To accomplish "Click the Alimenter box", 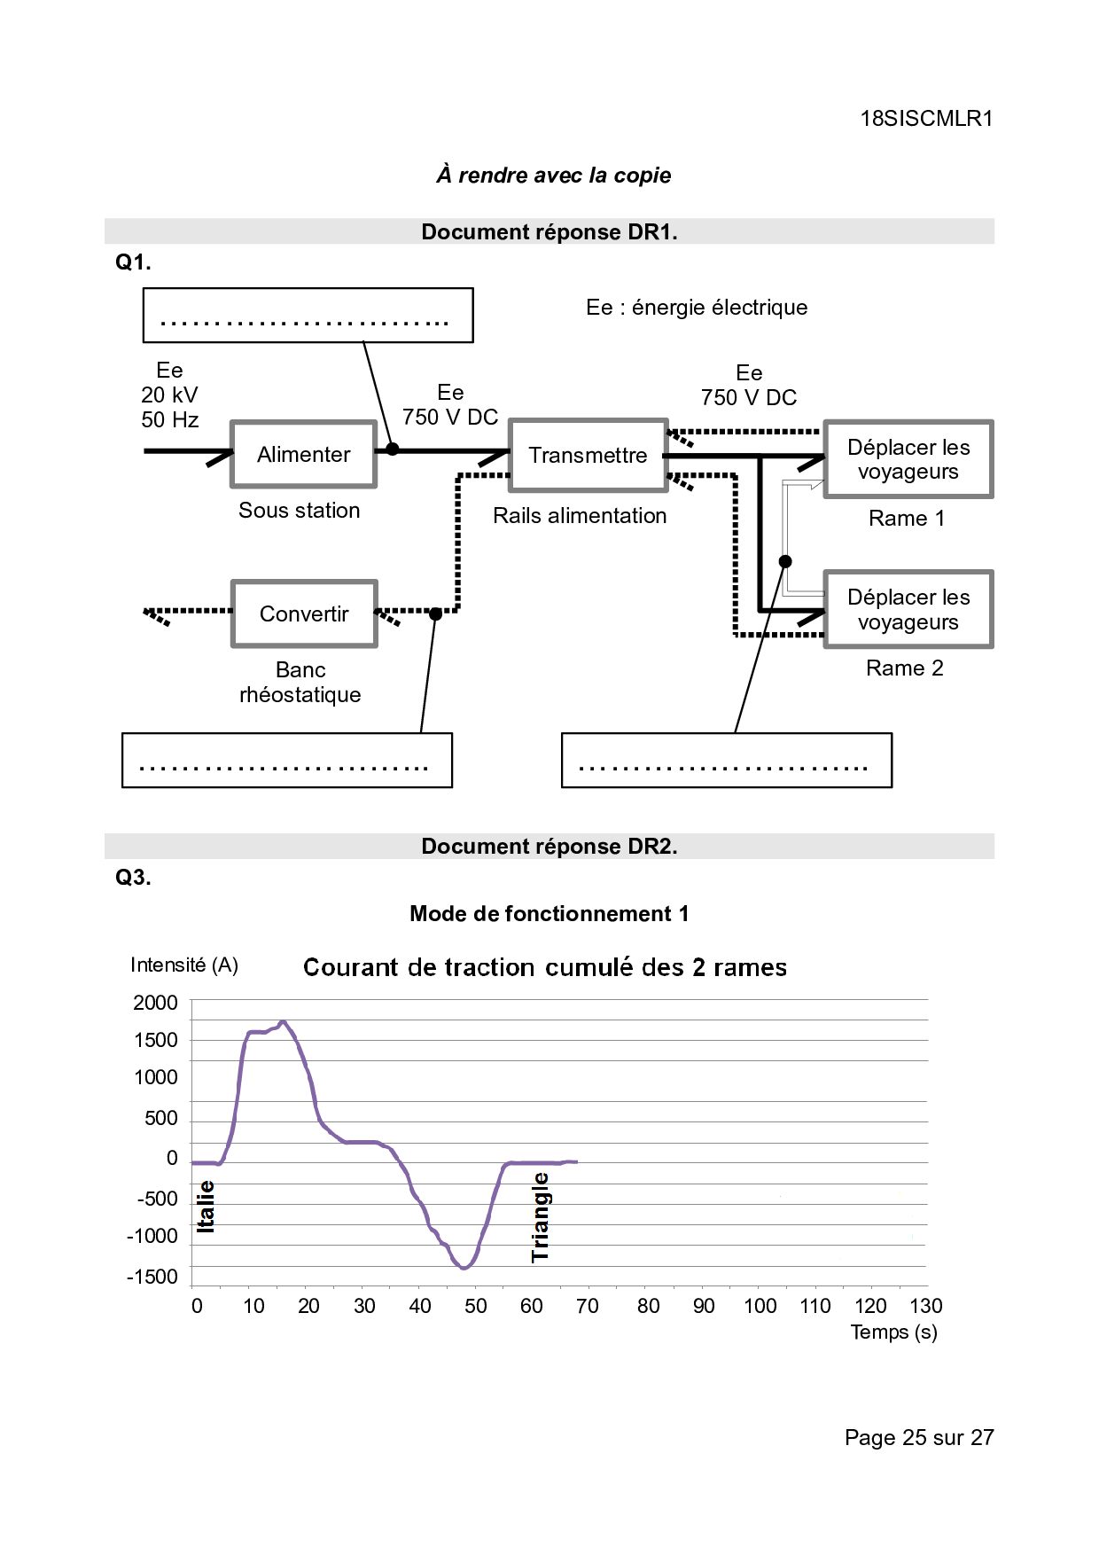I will [x=304, y=454].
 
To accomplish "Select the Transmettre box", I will [x=588, y=455].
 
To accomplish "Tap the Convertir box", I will [x=304, y=613].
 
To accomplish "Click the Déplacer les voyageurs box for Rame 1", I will [x=908, y=459].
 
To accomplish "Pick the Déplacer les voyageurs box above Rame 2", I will [x=908, y=609].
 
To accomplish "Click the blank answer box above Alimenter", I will [x=308, y=315].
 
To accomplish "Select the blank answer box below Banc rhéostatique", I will [x=287, y=760].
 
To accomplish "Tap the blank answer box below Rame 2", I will [x=727, y=760].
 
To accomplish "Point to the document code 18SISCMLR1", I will [x=926, y=119].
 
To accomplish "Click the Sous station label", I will [x=300, y=511].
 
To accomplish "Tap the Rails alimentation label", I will [x=580, y=516].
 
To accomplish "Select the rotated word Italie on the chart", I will [x=206, y=1207].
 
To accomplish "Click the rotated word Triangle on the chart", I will [x=541, y=1217].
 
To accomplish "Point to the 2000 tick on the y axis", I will [x=156, y=1003].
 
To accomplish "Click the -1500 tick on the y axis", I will [x=152, y=1277].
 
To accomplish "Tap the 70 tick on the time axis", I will [x=587, y=1306].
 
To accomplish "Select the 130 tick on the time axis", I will [x=926, y=1306].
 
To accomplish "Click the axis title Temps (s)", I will [x=893, y=1332].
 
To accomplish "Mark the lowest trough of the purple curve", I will [x=464, y=1268].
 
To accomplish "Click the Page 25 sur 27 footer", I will [x=919, y=1437].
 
